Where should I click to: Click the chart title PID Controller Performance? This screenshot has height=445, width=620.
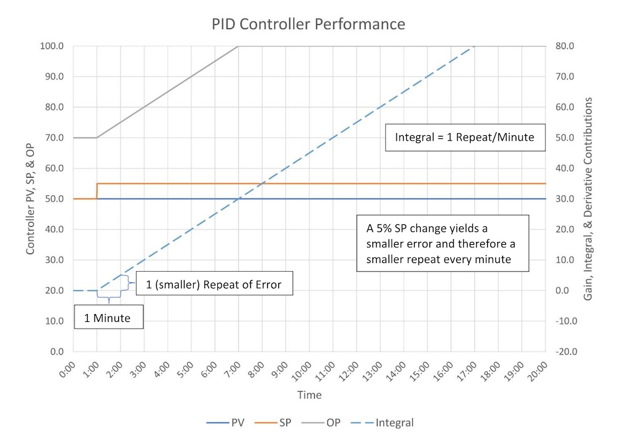[308, 24]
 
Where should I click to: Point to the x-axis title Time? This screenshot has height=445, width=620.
[309, 395]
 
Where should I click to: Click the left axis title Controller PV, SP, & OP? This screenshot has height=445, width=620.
[30, 199]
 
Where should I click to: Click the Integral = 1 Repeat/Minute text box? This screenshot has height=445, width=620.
[464, 138]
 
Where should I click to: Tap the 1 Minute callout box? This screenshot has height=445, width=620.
[108, 318]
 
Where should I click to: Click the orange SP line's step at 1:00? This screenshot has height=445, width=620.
[97, 191]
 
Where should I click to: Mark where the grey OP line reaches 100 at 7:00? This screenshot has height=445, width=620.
[238, 46]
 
